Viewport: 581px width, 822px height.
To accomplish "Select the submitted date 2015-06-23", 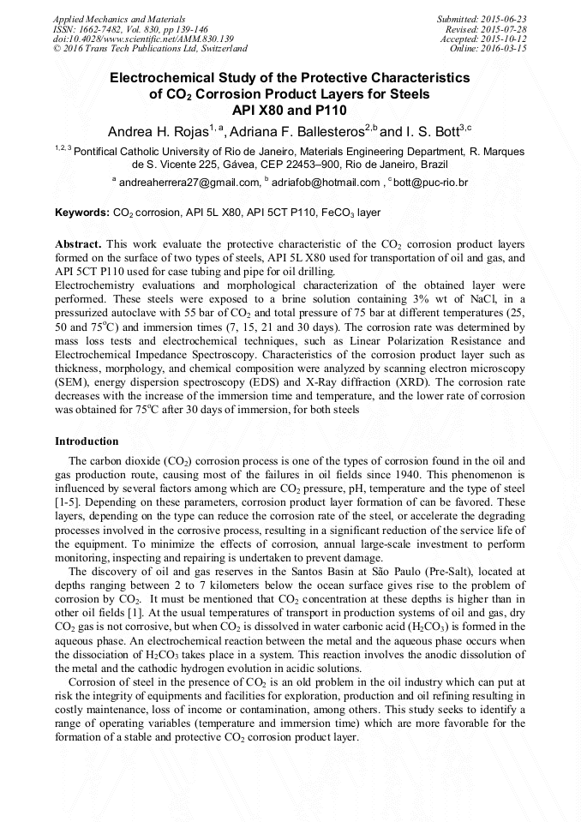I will (x=503, y=18).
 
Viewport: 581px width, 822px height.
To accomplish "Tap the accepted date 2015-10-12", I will (x=503, y=39).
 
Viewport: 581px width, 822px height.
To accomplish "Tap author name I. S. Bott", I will (x=431, y=132).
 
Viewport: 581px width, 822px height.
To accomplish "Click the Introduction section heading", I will (x=87, y=441).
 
